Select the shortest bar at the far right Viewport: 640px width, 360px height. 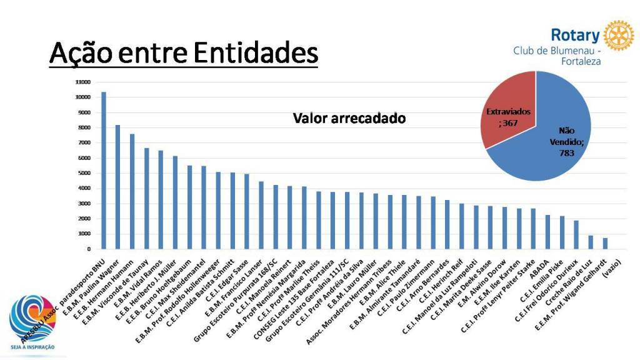[x=605, y=243]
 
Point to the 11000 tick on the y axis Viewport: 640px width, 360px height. [x=83, y=82]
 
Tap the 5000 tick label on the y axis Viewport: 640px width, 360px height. [x=84, y=173]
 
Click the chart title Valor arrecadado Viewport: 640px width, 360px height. [x=349, y=118]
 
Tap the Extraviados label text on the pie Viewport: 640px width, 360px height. [x=507, y=111]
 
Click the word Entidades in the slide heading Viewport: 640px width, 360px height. [x=255, y=53]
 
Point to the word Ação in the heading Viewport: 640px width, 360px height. [x=80, y=53]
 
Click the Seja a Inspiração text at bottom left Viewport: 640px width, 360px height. [x=31, y=347]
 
